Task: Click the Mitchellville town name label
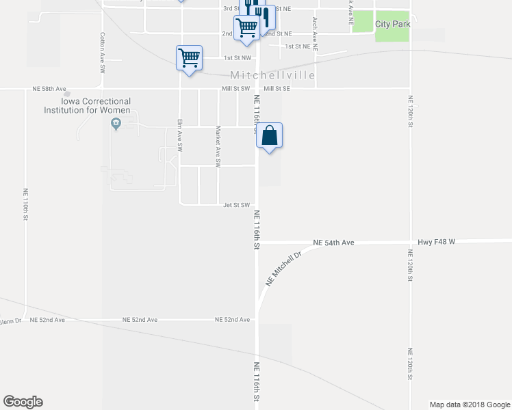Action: [x=273, y=75]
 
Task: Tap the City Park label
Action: [x=392, y=24]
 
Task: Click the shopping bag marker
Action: [x=270, y=135]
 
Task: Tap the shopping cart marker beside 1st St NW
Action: [x=189, y=57]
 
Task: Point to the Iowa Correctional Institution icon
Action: [x=116, y=124]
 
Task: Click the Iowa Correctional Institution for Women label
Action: [x=87, y=105]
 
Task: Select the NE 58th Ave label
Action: [x=49, y=89]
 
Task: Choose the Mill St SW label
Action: [x=235, y=89]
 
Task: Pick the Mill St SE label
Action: [x=277, y=89]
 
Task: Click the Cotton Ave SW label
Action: [x=102, y=53]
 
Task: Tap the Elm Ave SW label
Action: [x=180, y=135]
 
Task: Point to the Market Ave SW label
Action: [x=218, y=147]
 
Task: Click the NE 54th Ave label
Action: [x=333, y=243]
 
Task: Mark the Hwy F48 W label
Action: [x=436, y=243]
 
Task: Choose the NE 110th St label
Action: [x=25, y=204]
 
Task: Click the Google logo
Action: [x=23, y=402]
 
